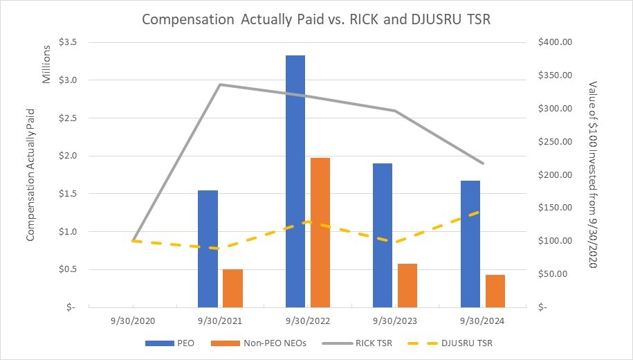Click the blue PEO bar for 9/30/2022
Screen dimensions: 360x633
pyautogui.click(x=295, y=181)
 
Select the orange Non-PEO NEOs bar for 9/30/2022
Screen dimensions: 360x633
pyautogui.click(x=320, y=232)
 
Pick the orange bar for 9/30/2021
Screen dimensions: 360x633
pyautogui.click(x=232, y=287)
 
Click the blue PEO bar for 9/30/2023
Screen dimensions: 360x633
pyautogui.click(x=383, y=235)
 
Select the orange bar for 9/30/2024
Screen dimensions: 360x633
pyautogui.click(x=495, y=290)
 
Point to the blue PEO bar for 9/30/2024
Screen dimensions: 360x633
pyautogui.click(x=470, y=243)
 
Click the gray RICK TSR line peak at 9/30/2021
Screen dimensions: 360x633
pyautogui.click(x=220, y=84)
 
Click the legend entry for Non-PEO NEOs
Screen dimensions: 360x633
pyautogui.click(x=270, y=343)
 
